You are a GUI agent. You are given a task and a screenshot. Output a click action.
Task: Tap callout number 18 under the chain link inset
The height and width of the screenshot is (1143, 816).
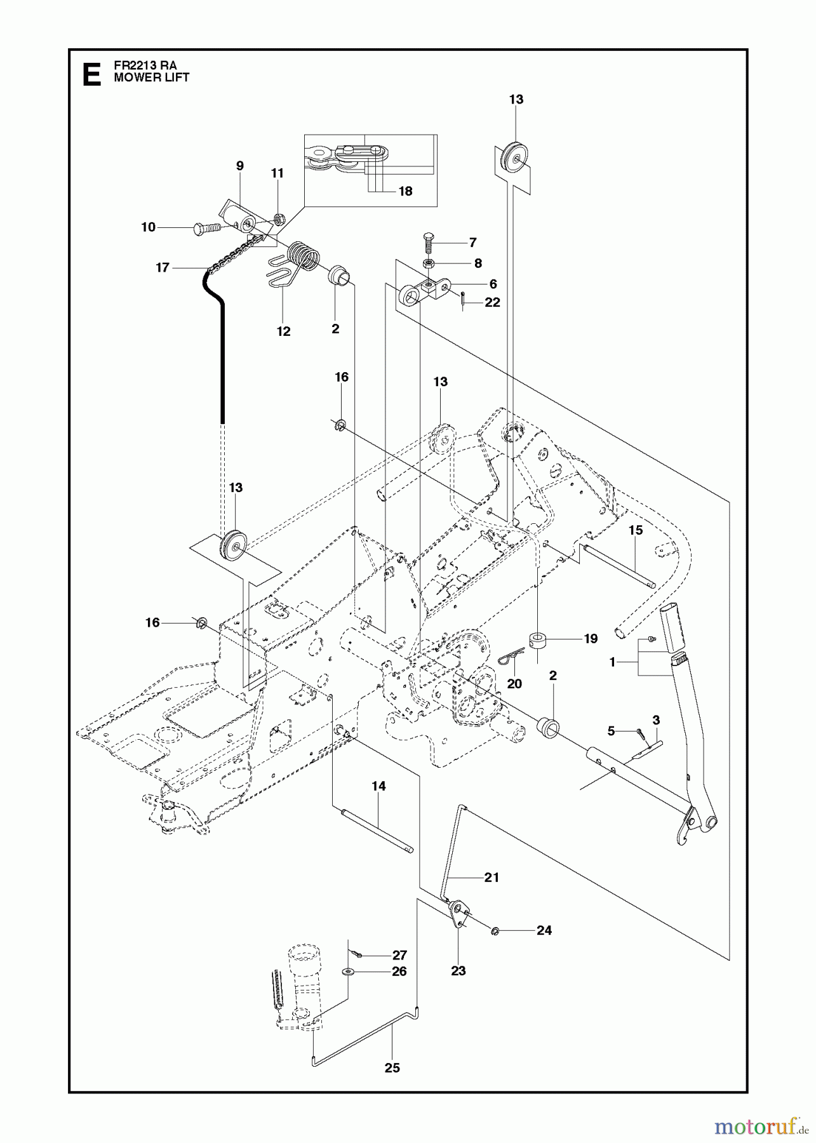[405, 191]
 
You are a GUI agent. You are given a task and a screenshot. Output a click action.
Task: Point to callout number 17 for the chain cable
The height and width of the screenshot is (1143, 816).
[163, 268]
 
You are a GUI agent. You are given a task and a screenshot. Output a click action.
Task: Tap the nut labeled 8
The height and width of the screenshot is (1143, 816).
[429, 262]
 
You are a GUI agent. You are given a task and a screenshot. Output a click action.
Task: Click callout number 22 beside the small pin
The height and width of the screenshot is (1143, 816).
[493, 303]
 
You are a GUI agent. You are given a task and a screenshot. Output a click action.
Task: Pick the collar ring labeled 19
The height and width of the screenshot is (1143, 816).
[537, 638]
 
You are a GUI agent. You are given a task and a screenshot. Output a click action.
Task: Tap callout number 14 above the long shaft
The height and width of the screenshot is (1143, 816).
[378, 786]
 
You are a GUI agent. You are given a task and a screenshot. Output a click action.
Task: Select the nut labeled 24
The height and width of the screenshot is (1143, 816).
[496, 930]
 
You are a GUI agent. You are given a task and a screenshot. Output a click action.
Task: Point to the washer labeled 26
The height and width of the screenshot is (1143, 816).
[349, 972]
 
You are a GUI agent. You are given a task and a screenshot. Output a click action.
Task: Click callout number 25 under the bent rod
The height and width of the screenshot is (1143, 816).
[392, 1068]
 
